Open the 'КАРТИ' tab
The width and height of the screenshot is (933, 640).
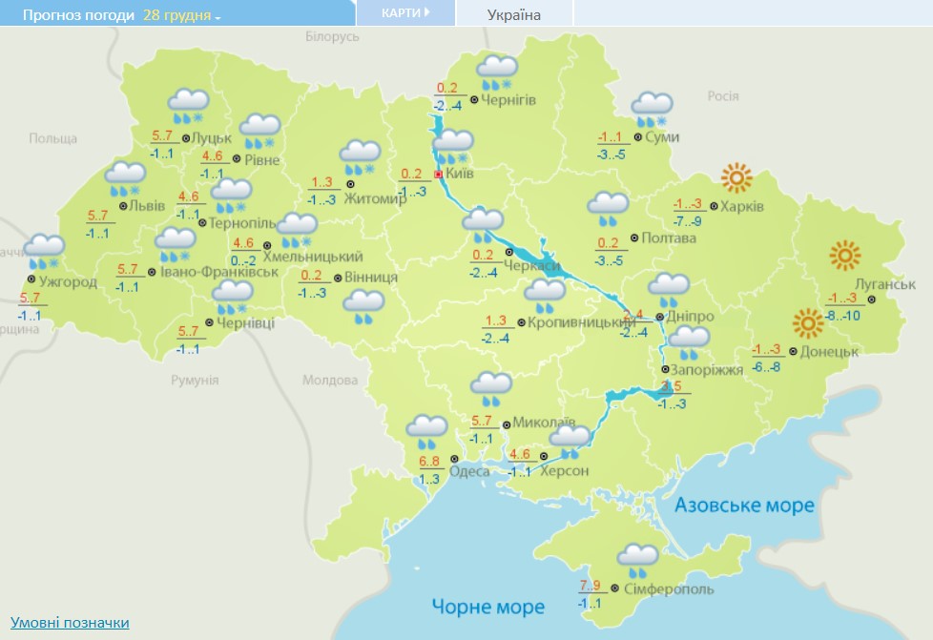(404, 13)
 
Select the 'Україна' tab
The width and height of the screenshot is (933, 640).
(513, 14)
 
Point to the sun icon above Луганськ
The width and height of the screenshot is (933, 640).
(845, 256)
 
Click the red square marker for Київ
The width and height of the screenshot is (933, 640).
(438, 175)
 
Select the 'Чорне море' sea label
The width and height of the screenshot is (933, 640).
(487, 607)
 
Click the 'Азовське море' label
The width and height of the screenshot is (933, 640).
(744, 505)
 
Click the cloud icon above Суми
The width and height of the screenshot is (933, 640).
(653, 108)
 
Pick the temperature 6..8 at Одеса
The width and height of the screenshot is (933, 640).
(429, 463)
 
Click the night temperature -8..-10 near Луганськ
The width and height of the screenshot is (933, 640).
(843, 316)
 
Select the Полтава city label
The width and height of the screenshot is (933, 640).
(670, 238)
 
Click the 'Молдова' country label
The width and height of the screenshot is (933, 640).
(329, 380)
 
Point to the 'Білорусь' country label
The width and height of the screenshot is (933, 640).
(332, 36)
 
